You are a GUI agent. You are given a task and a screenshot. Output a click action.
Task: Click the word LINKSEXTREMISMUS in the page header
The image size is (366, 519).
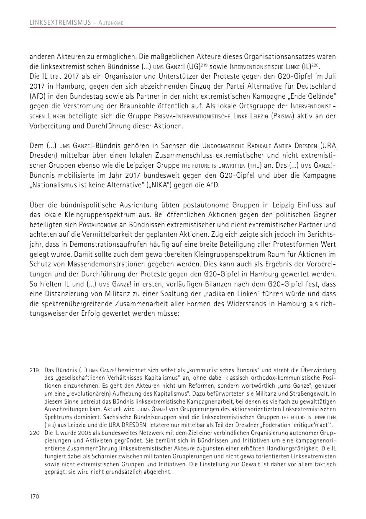60,23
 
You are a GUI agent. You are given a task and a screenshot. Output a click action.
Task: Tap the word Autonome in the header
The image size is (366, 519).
110,23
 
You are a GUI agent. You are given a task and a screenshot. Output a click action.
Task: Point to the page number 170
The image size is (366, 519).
34,496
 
